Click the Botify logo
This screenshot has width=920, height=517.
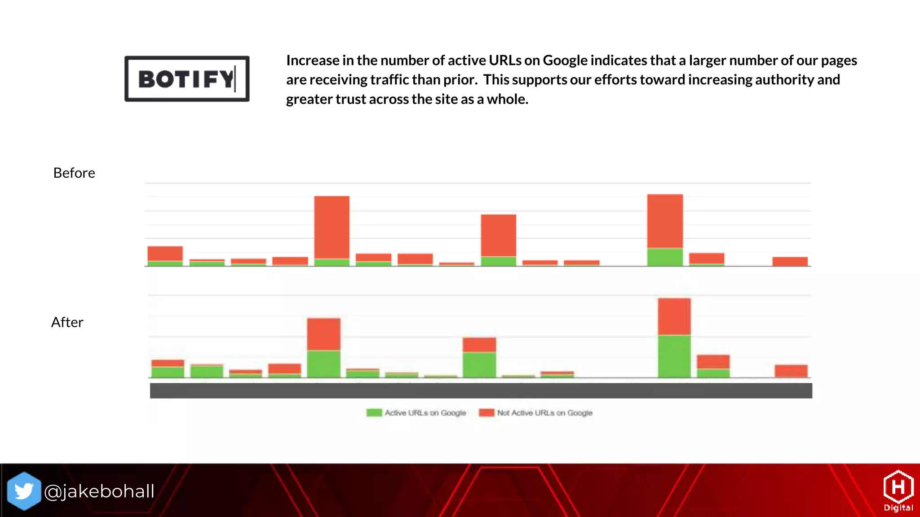tap(187, 79)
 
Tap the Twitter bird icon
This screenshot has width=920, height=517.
tap(24, 491)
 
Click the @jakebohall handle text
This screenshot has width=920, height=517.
tap(99, 491)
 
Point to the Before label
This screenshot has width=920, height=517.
tap(74, 173)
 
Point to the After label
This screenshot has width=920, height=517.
tap(67, 322)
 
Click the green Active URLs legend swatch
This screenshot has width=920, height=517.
tap(374, 412)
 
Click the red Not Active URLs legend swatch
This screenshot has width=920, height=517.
tap(486, 412)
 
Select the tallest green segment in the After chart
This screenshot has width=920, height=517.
tap(674, 356)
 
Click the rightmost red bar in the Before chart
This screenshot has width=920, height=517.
tap(790, 262)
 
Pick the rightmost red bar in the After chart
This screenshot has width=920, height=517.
tap(791, 371)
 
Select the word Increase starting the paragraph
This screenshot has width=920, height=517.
tap(313, 60)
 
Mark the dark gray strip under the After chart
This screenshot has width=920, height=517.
tap(481, 391)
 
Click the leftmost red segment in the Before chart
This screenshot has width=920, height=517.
tap(165, 254)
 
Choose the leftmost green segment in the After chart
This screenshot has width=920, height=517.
tap(168, 372)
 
